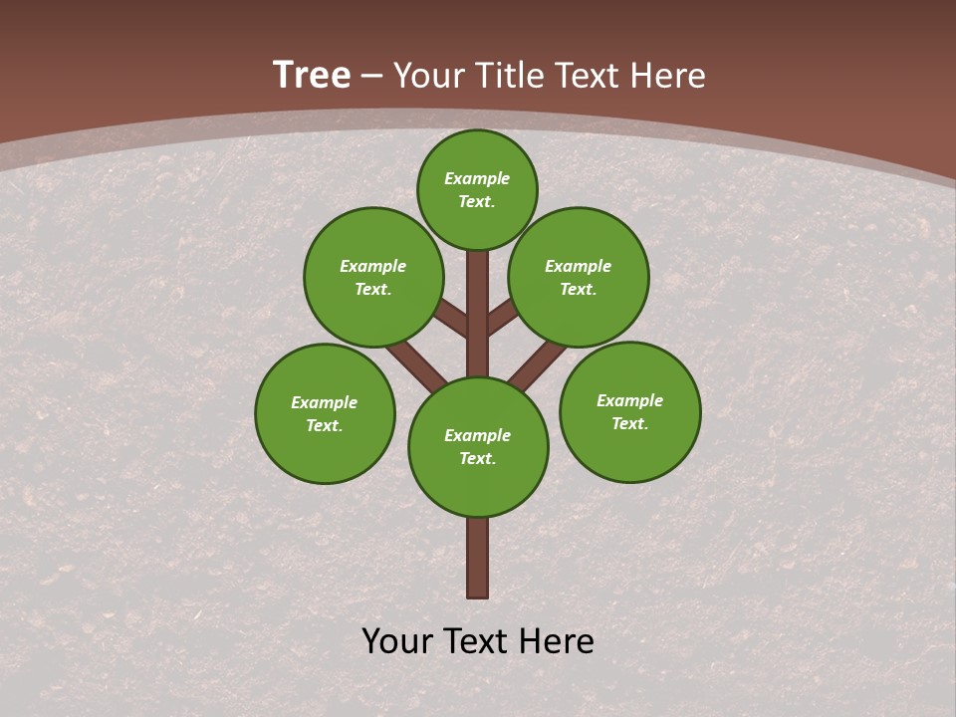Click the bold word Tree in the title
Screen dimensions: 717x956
tap(312, 75)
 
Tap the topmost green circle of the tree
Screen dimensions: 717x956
tap(477, 189)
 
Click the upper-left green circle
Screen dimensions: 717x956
tap(373, 277)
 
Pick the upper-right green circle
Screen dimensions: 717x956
tap(579, 277)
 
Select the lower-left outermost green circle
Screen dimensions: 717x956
tap(325, 413)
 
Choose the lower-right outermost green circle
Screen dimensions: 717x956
tap(629, 411)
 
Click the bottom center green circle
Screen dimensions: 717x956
tap(478, 446)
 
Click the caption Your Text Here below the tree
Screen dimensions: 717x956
tap(478, 641)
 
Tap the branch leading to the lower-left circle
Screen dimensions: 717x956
tap(415, 365)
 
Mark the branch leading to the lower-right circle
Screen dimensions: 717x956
tap(538, 364)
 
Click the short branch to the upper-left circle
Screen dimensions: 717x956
tap(451, 319)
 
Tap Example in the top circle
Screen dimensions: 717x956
tap(477, 178)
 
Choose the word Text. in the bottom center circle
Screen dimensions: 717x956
tap(477, 458)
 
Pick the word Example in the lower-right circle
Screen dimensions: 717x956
tap(629, 400)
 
